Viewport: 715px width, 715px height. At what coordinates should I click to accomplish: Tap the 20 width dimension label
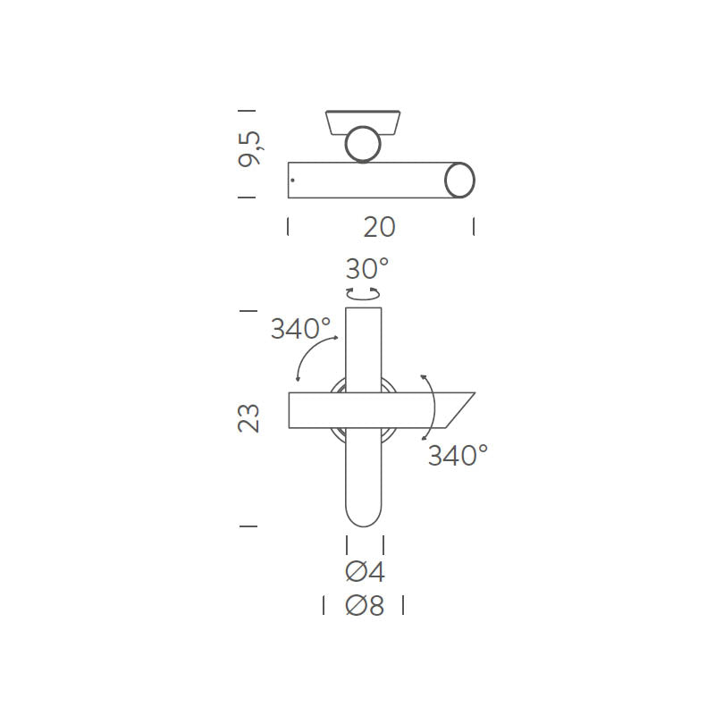coord(379,227)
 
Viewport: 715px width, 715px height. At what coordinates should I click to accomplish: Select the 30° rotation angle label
coord(367,267)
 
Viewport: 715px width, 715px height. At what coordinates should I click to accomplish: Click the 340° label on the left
coord(300,329)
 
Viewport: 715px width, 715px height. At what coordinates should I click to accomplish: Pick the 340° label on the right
coord(457,456)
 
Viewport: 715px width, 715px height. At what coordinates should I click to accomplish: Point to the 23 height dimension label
coord(249,418)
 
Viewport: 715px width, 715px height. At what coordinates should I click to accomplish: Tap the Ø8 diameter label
coord(365,606)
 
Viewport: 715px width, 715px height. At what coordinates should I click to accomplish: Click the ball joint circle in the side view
coord(363,144)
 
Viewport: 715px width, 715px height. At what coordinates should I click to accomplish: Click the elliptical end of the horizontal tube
coord(460,180)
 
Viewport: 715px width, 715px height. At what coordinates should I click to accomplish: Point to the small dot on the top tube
coord(292,181)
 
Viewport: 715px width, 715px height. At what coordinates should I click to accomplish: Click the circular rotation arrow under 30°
coord(363,293)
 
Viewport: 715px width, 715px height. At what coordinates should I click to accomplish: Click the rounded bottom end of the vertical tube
coord(363,515)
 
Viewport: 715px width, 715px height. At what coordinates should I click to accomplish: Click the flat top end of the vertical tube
coord(363,309)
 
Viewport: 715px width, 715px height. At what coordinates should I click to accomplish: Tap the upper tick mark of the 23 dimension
coord(248,310)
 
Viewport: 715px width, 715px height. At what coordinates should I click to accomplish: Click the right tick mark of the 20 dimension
coord(473,227)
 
